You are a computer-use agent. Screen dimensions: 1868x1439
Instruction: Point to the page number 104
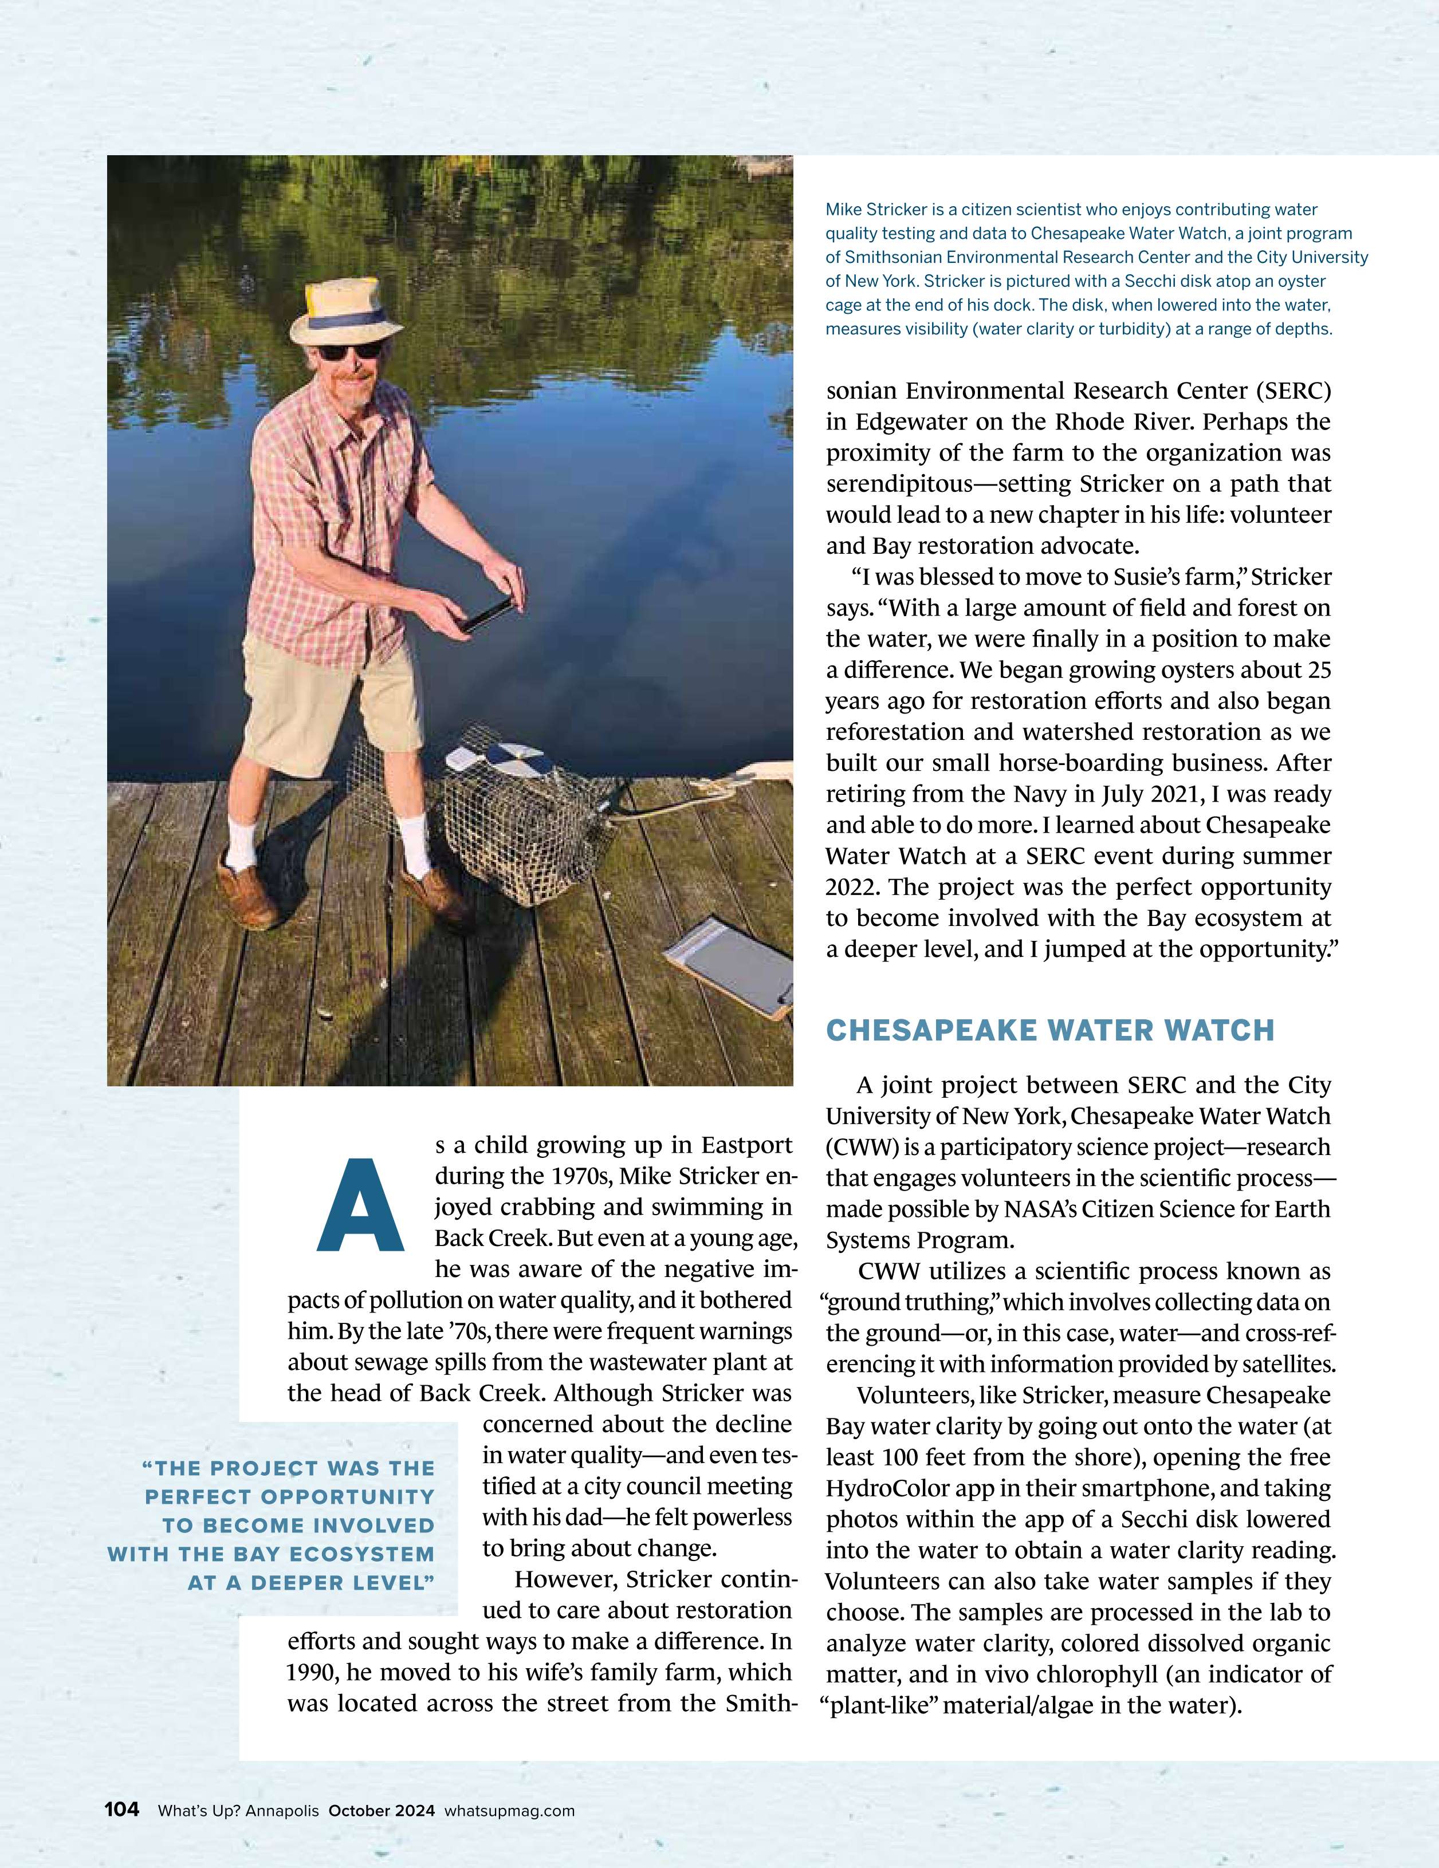point(121,1809)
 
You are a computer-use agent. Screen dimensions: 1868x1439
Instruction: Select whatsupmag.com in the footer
point(510,1811)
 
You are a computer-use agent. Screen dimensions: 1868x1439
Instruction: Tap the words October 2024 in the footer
point(382,1811)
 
